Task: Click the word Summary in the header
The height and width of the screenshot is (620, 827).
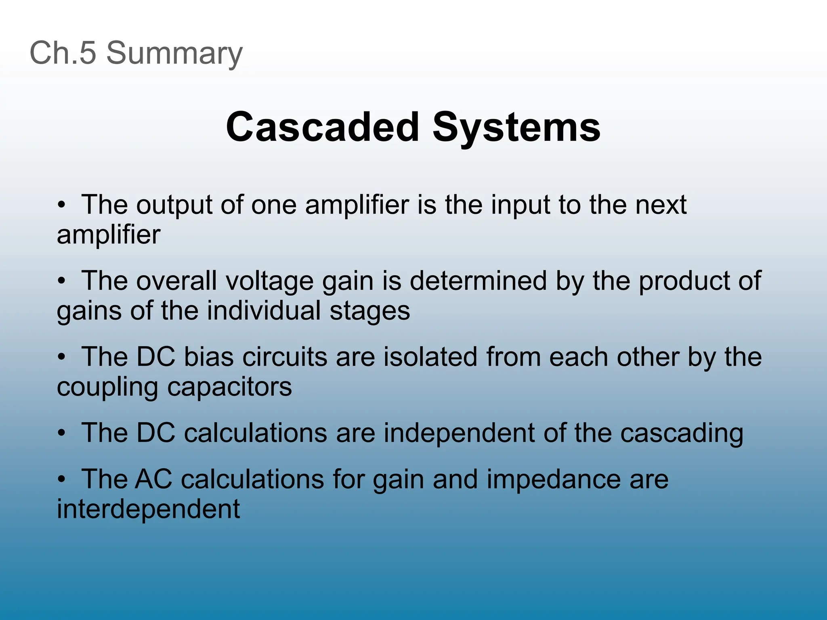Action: [x=174, y=53]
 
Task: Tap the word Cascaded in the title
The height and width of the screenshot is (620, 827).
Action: [x=323, y=127]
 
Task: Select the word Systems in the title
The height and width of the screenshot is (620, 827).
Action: [x=516, y=128]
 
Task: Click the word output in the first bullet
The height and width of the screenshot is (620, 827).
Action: [x=174, y=205]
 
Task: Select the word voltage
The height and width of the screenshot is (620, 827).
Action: [x=269, y=281]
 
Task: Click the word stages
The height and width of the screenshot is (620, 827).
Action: [x=369, y=311]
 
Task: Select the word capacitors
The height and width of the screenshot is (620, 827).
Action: [x=229, y=387]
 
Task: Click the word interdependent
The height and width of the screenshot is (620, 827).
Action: [x=148, y=509]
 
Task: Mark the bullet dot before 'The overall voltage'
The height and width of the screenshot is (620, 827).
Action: [x=61, y=281]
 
